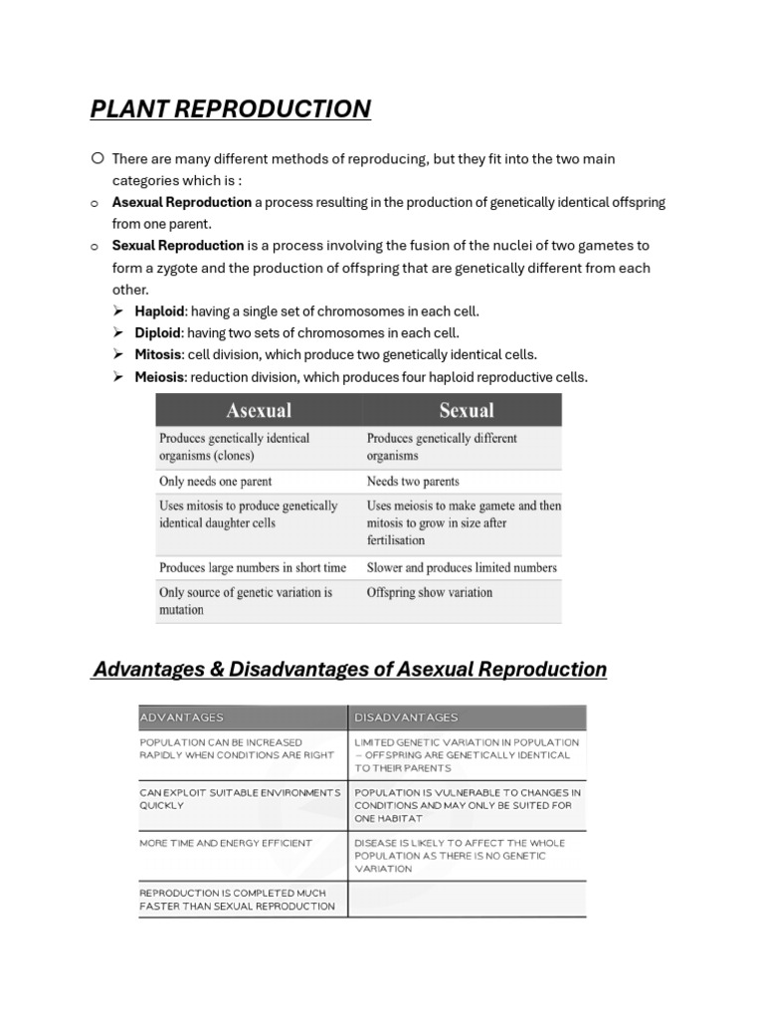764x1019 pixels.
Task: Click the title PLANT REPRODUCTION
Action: (230, 108)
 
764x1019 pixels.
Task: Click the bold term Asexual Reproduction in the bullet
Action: (181, 202)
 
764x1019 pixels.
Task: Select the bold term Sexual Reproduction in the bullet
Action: (177, 245)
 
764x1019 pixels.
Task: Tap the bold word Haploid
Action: (159, 311)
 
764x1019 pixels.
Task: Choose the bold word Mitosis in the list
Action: (158, 355)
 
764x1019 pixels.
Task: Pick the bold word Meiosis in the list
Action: (159, 377)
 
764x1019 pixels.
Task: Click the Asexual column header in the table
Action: (259, 410)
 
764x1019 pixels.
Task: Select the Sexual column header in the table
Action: (466, 410)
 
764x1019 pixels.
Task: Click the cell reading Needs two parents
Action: (413, 482)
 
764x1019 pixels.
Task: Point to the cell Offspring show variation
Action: (429, 592)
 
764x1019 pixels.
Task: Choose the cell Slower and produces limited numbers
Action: (462, 567)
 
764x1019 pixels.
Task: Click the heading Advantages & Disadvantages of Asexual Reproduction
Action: (349, 669)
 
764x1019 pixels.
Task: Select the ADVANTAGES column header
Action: (182, 717)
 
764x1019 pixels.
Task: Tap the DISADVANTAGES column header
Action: (406, 717)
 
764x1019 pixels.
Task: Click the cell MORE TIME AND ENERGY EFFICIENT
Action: (226, 843)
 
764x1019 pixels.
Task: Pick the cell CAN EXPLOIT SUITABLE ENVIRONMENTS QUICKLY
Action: (240, 799)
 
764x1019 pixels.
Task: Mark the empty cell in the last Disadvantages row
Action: (468, 900)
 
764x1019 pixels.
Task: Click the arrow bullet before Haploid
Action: (118, 311)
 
